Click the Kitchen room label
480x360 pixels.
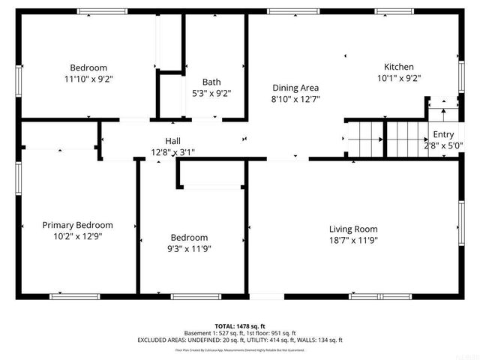point(398,67)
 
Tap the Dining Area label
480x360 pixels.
point(295,88)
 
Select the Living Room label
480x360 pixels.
point(353,229)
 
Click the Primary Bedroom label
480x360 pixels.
point(77,225)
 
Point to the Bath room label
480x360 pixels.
point(211,82)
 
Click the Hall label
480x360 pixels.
point(172,141)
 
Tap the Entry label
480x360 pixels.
point(443,135)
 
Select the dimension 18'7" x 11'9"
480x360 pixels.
point(353,241)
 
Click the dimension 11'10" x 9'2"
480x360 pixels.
point(88,78)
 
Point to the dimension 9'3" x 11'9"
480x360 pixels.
point(189,248)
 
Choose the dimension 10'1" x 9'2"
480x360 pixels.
point(398,78)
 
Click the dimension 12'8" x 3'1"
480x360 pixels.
point(172,152)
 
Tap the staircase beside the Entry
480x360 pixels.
point(365,139)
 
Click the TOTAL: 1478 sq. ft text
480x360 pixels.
point(240,326)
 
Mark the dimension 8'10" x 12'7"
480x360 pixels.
point(295,99)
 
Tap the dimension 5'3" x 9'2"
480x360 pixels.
point(211,94)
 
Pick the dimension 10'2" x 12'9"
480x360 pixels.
point(77,236)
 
